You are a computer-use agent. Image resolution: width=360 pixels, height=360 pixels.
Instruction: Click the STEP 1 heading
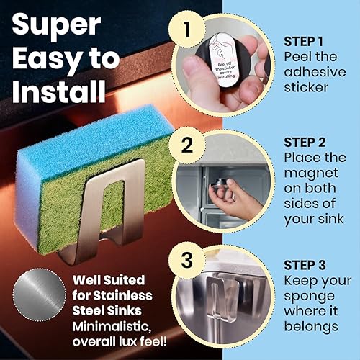point(307,40)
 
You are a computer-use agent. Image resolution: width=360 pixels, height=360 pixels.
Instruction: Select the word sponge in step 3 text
point(308,294)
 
